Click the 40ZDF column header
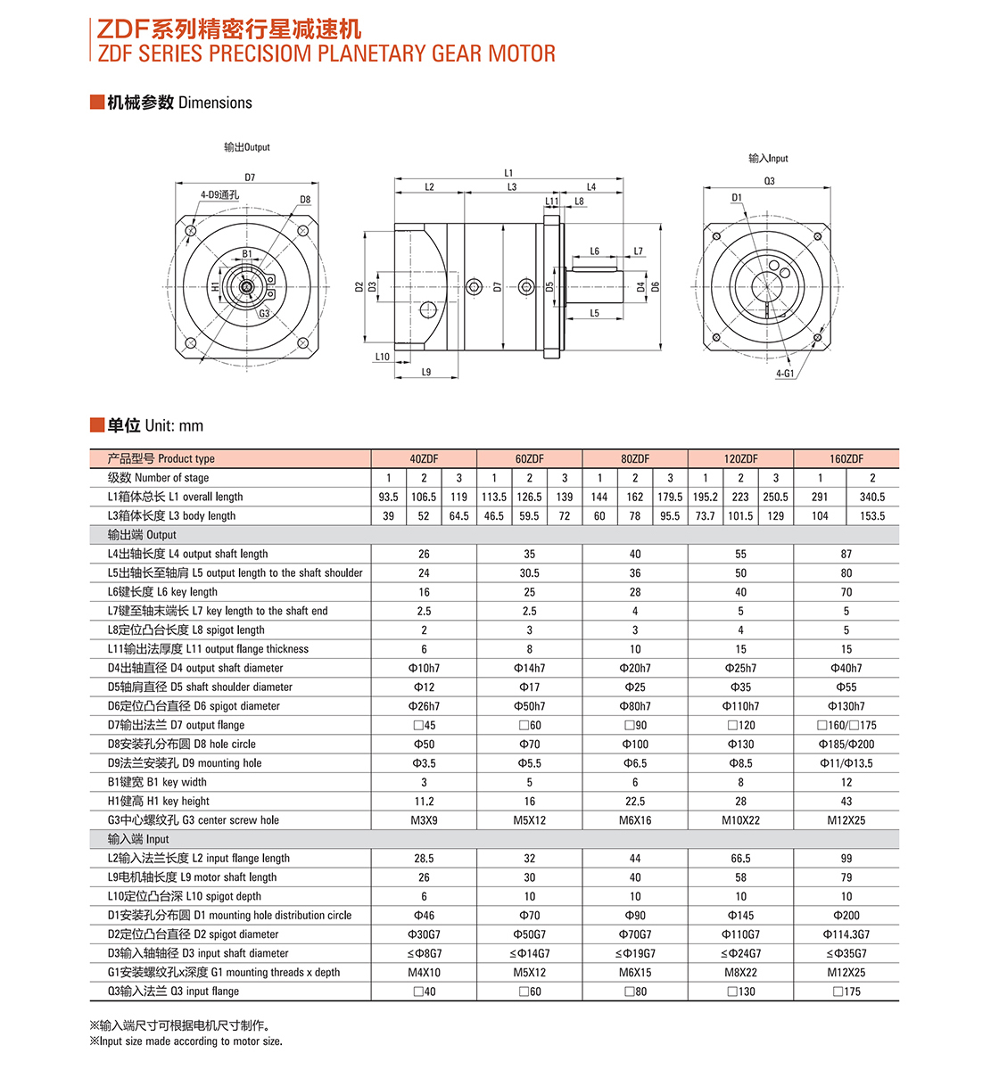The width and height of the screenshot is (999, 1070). [x=424, y=459]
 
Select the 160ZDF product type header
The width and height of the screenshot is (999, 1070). [x=846, y=459]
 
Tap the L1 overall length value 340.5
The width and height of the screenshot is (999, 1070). [x=871, y=498]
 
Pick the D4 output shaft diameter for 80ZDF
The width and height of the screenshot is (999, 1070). [x=635, y=669]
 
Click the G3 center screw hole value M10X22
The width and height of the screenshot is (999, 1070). [x=740, y=820]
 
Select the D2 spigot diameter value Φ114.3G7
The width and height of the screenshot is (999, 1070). [x=846, y=934]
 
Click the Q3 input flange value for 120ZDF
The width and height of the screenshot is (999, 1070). [x=740, y=992]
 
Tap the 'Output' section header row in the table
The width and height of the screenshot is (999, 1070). [x=142, y=535]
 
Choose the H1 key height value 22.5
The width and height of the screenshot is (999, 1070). [x=635, y=802]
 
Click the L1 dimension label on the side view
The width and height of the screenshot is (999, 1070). [x=508, y=173]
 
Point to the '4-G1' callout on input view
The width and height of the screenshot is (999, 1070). [x=785, y=374]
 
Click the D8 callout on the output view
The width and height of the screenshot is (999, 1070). [x=305, y=200]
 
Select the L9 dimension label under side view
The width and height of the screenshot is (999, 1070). [x=426, y=372]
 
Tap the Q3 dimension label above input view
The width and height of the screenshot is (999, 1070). [x=769, y=181]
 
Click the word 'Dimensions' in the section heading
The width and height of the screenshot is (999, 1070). [x=215, y=103]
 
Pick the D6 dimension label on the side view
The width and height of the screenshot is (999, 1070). [x=656, y=286]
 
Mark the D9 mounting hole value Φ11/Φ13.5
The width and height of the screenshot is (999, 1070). [x=846, y=763]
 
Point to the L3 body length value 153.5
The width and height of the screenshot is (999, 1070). [x=871, y=516]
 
